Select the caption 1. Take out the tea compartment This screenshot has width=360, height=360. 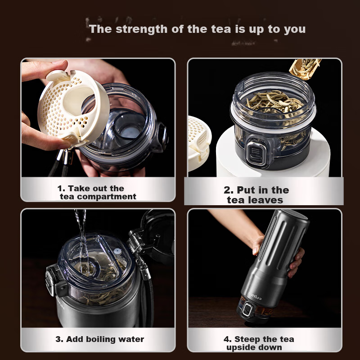click(97, 193)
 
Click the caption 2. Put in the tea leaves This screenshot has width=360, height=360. click(256, 195)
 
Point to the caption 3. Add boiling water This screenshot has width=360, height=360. click(99, 339)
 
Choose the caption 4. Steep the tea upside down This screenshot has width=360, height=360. click(259, 343)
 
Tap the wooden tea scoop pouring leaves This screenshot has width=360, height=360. click(305, 68)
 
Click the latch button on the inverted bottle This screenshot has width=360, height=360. click(247, 309)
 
